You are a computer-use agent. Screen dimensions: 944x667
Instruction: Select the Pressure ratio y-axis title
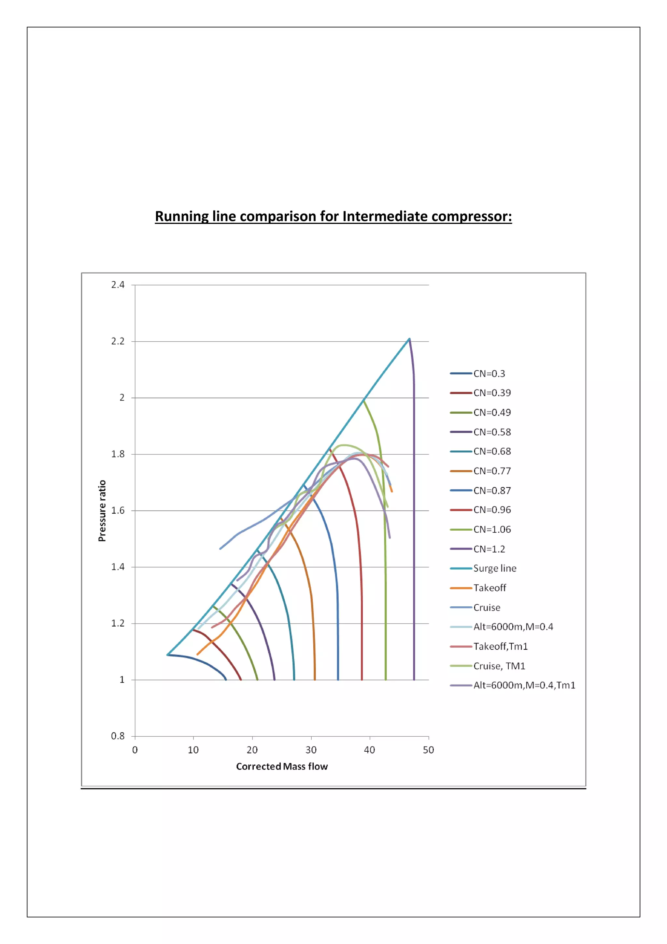(102, 511)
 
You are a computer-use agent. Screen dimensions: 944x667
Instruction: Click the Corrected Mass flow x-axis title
(282, 766)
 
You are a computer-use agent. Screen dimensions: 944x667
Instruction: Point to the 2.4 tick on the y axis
(118, 285)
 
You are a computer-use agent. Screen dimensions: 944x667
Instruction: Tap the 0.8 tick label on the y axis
(118, 736)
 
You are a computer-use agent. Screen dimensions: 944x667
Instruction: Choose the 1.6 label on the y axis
(118, 511)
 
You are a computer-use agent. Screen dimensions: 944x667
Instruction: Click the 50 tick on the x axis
(428, 750)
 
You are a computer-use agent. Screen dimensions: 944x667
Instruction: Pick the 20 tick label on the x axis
(252, 750)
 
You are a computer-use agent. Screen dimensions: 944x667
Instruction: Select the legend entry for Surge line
(494, 568)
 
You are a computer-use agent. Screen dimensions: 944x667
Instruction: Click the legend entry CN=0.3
(489, 374)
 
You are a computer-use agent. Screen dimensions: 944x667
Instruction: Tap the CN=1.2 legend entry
(489, 549)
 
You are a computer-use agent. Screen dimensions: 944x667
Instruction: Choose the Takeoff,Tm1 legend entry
(500, 646)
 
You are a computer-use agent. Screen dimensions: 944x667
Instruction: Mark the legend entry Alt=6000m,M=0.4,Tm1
(524, 685)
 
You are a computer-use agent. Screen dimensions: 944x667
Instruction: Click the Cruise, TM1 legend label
(499, 666)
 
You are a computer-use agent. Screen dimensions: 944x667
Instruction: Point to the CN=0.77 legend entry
(492, 471)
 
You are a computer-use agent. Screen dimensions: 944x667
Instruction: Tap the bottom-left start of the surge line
(168, 655)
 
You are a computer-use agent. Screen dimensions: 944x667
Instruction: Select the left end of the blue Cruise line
(220, 549)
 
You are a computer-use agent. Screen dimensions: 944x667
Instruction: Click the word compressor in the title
(470, 216)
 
